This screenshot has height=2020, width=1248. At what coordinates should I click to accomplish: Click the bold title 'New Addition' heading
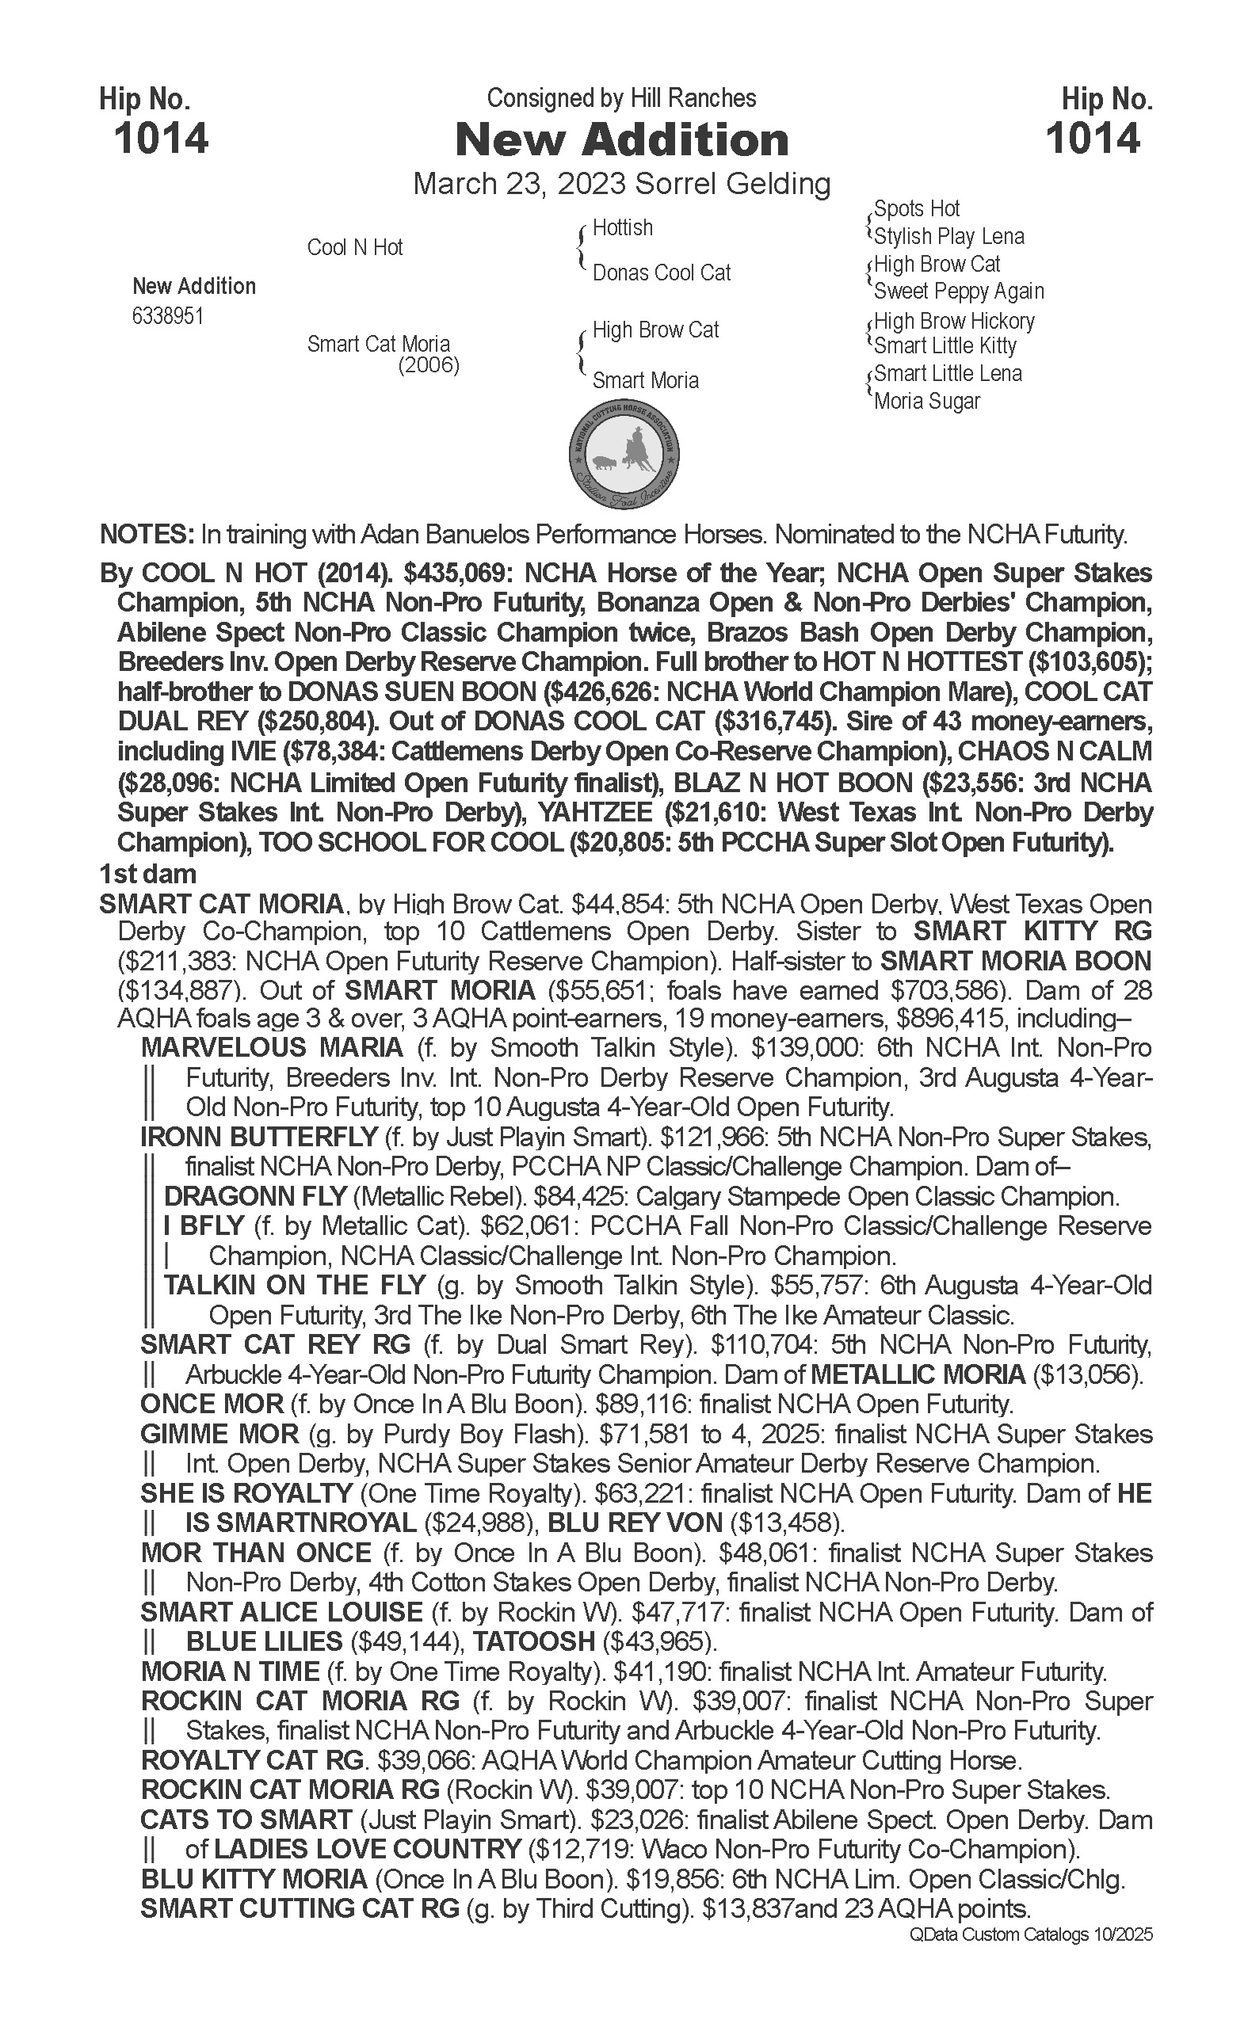coord(621,139)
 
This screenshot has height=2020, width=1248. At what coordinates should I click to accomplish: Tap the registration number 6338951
coord(167,317)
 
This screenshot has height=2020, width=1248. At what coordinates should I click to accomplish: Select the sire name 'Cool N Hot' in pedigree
coord(355,247)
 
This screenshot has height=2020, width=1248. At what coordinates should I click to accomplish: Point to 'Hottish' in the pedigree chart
coord(622,228)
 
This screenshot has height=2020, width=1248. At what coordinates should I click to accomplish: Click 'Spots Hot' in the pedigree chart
coord(916,209)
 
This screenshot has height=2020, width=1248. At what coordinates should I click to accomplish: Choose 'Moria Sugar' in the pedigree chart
coord(927,402)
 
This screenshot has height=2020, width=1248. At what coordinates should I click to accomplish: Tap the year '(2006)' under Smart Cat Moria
coord(429,364)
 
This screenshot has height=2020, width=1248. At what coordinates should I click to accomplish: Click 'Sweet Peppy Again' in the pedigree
coord(959,292)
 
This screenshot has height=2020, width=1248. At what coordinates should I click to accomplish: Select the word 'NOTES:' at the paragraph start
coord(146,535)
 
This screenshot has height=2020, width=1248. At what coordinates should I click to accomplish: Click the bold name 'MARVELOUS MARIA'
coord(272,1048)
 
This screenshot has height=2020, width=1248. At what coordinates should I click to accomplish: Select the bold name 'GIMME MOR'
coord(219,1434)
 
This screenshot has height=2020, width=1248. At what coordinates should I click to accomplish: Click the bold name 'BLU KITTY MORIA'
coord(254,1880)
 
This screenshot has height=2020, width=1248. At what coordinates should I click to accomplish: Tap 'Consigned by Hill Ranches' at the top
coord(621,99)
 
